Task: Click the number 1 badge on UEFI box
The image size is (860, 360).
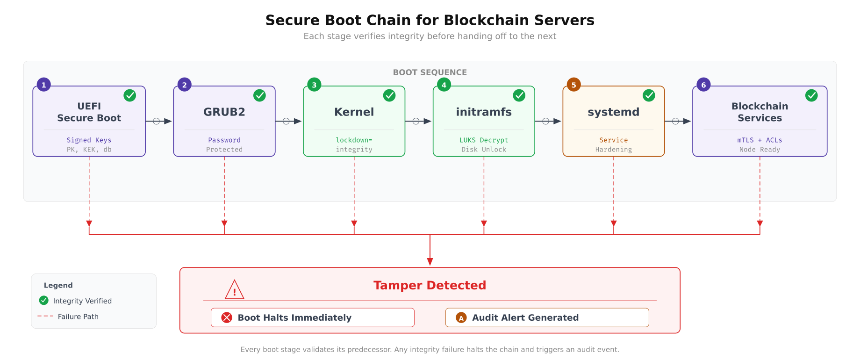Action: pos(44,85)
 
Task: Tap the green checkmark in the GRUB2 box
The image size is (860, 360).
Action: pos(259,95)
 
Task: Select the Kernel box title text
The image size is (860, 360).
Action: pos(354,112)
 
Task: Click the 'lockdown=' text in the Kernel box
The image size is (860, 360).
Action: pos(354,140)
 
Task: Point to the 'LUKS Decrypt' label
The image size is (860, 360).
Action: pos(484,140)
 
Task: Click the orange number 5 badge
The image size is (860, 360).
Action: pos(573,85)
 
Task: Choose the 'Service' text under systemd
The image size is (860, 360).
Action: pos(613,140)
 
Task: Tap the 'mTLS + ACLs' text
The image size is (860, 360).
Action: pos(760,140)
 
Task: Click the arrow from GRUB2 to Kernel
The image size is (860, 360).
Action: pos(289,122)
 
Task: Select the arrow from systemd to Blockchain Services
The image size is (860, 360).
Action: pos(678,122)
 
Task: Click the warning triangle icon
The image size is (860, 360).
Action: pos(234,290)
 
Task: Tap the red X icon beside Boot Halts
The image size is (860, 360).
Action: pos(227,318)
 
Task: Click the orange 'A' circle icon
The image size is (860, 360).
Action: pos(461,318)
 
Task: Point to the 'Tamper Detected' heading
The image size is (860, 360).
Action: pos(430,286)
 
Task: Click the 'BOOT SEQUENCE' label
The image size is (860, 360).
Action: pos(430,72)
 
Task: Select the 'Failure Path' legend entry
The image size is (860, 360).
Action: pos(78,317)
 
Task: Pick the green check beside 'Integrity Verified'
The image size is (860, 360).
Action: pos(44,301)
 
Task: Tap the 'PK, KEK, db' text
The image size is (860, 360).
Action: pos(89,150)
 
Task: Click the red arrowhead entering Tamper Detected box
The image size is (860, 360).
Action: pos(430,262)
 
